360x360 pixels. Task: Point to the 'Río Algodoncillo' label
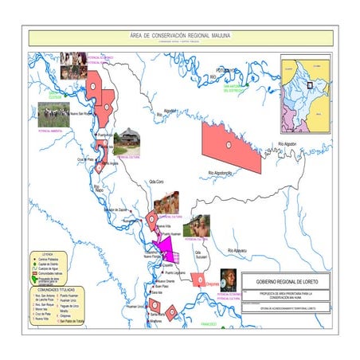coord(220,173)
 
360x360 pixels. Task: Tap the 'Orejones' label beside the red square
coord(211,284)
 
